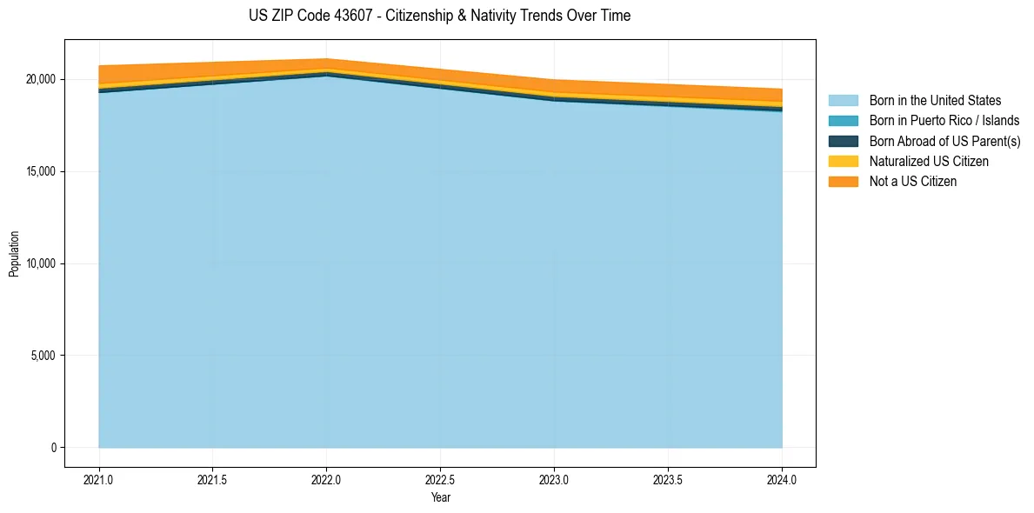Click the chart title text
point(440,16)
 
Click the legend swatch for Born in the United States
point(843,101)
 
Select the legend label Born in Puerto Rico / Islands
point(944,121)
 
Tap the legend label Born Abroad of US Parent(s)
point(944,141)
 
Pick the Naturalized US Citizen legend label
point(929,161)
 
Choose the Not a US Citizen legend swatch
point(843,181)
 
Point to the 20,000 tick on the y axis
point(42,79)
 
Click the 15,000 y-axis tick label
point(42,171)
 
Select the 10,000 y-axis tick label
point(42,263)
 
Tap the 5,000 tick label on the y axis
point(44,356)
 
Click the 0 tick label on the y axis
point(53,448)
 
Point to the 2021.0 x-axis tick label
point(99,479)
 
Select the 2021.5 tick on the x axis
point(213,479)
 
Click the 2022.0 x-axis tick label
point(326,479)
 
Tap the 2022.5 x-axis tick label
point(441,479)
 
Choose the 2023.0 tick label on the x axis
point(554,479)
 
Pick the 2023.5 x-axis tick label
point(668,479)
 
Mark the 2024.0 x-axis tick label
point(782,479)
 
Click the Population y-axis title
point(14,253)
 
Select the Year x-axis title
point(441,497)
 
